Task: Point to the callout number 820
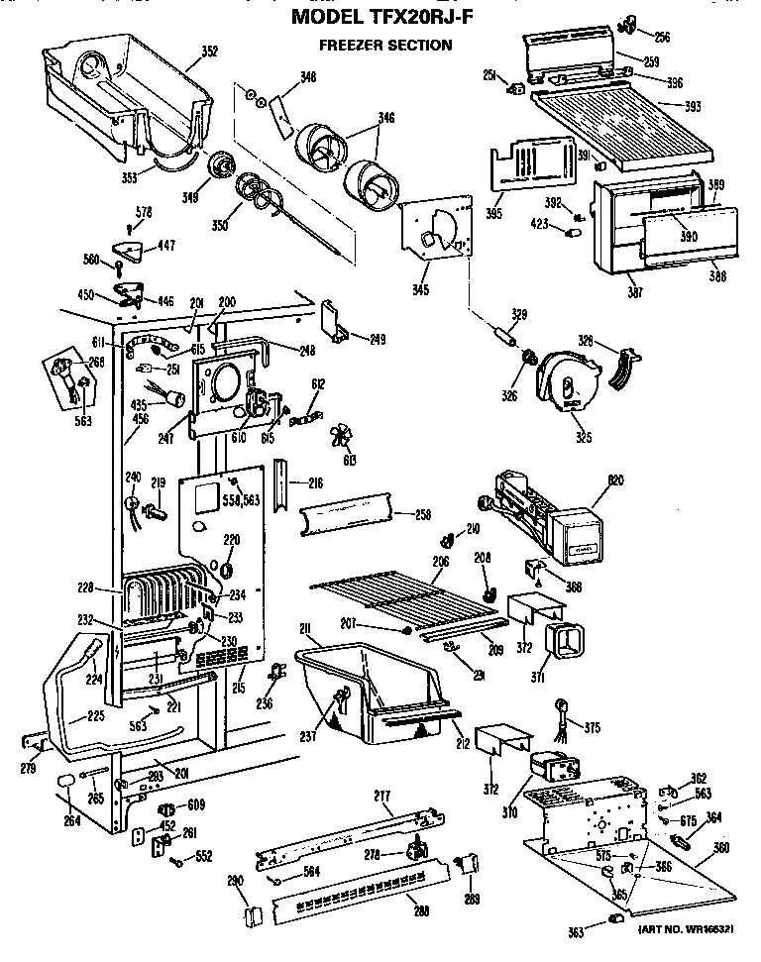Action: coord(614,480)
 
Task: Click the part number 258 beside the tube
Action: coord(422,517)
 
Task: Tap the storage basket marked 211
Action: coord(367,689)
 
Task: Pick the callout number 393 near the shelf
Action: coord(692,105)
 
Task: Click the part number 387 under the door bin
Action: coord(633,291)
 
